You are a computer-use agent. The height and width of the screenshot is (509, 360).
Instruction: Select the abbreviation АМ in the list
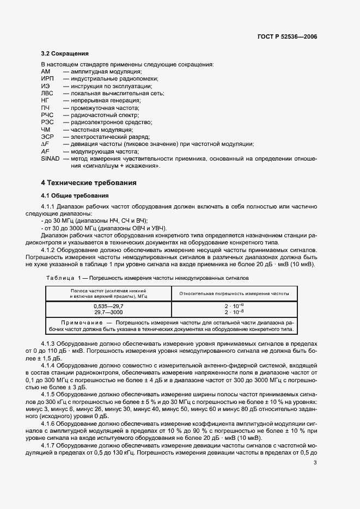(46, 72)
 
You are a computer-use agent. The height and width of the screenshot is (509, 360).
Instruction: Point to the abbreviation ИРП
(47, 79)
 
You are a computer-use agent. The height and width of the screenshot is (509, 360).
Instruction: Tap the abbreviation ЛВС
(47, 94)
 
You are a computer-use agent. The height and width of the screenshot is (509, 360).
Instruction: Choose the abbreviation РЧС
(47, 115)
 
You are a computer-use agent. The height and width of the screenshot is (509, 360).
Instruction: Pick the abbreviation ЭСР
(47, 137)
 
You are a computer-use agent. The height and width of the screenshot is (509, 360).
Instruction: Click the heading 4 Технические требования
(89, 182)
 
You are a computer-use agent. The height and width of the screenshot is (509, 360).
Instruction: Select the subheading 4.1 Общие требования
(75, 195)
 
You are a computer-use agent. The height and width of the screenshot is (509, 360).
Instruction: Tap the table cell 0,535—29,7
(108, 307)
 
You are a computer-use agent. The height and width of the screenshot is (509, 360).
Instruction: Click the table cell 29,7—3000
(108, 312)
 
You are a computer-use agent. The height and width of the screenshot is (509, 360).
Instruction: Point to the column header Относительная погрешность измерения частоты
(235, 293)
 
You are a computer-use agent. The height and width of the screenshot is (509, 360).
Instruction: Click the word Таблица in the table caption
(59, 277)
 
